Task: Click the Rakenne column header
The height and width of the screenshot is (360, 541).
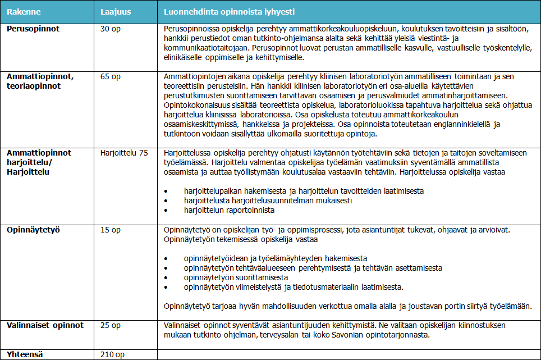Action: pyautogui.click(x=24, y=11)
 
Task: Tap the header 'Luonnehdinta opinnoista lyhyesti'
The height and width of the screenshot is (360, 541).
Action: pyautogui.click(x=230, y=11)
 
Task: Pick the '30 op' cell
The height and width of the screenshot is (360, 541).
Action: pyautogui.click(x=110, y=28)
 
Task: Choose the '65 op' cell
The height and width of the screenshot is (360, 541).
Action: pyautogui.click(x=110, y=76)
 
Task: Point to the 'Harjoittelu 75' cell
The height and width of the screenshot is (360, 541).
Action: pyautogui.click(x=124, y=153)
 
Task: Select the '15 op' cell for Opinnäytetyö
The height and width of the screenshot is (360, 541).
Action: pyautogui.click(x=110, y=230)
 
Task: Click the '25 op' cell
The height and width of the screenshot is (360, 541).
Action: pyautogui.click(x=110, y=325)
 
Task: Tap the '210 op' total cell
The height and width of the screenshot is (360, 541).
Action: pyautogui.click(x=112, y=354)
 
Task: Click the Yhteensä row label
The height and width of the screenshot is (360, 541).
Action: pyautogui.click(x=25, y=354)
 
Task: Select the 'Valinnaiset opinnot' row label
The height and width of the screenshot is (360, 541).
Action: pyautogui.click(x=45, y=325)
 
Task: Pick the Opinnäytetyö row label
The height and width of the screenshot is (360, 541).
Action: pyautogui.click(x=33, y=230)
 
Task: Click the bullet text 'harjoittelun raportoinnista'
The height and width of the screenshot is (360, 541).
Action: pyautogui.click(x=229, y=210)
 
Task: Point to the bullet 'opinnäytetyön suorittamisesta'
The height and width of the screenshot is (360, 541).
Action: pyautogui.click(x=236, y=277)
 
